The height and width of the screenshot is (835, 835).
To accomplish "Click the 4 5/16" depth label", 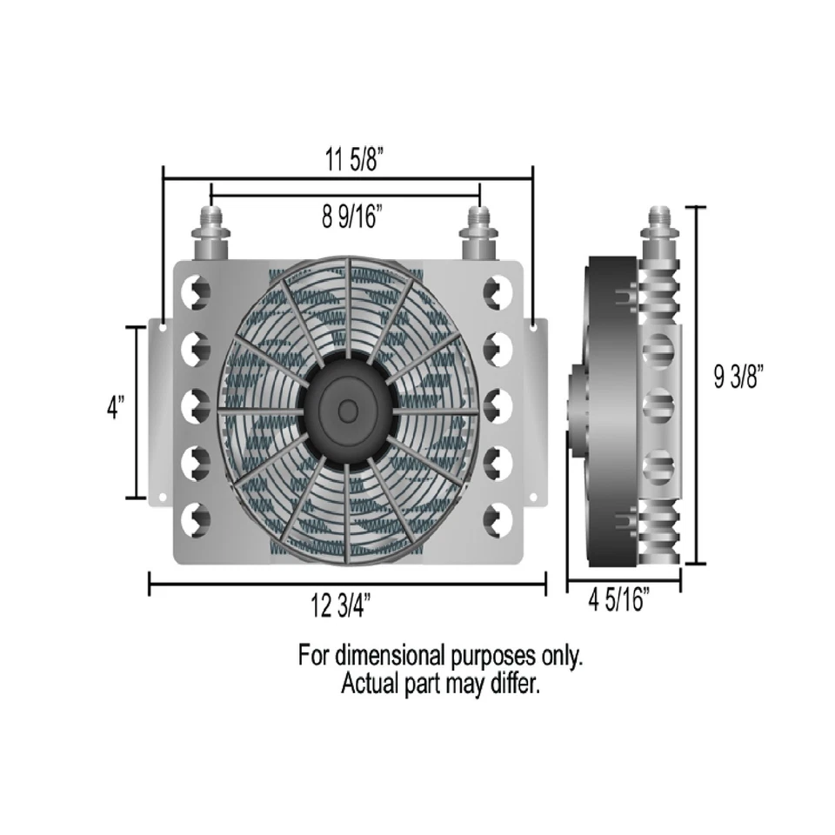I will point(620,600).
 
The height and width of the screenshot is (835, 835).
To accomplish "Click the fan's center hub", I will point(347,409).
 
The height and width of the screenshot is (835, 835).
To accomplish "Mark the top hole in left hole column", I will point(196,291).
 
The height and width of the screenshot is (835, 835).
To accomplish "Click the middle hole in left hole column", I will point(196,404).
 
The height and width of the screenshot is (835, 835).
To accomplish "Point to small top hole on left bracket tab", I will point(163,328).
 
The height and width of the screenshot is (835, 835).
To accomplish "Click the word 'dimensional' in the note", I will point(391,655).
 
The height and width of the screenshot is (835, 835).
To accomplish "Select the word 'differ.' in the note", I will point(512,684).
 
